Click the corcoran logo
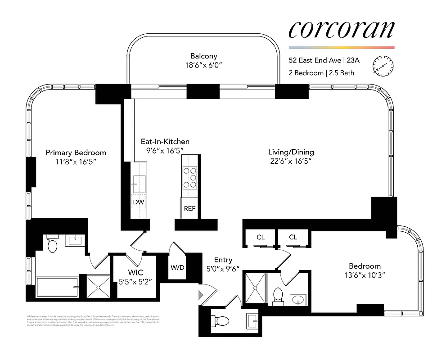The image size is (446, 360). click(341, 29)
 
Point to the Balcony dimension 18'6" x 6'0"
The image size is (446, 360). click(203, 65)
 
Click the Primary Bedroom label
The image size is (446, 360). click(76, 153)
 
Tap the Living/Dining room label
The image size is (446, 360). click(291, 152)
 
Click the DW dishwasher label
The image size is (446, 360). click(139, 202)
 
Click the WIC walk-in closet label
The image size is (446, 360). click(134, 273)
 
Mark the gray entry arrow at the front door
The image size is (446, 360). click(201, 295)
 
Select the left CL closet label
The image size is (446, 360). click(261, 237)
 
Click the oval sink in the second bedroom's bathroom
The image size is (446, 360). click(297, 299)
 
